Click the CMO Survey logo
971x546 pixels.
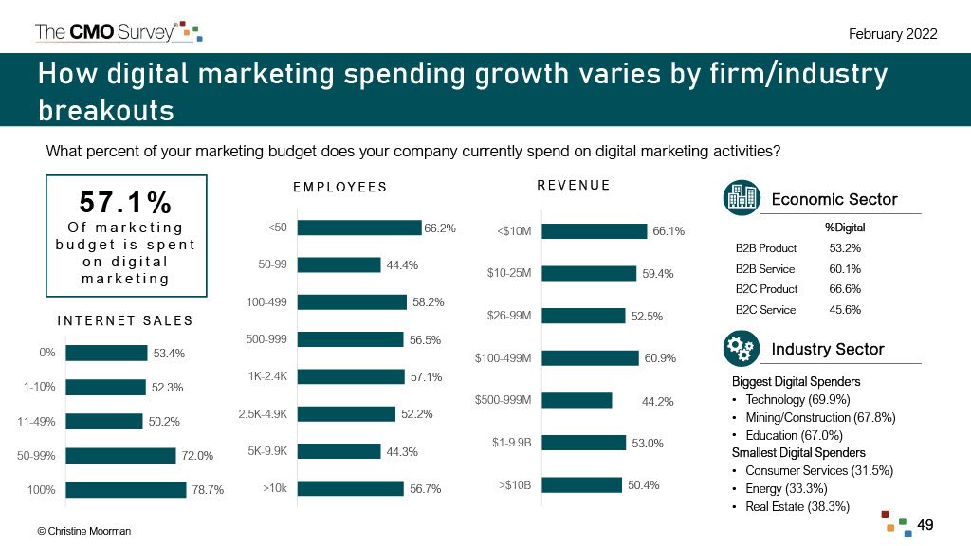pyautogui.click(x=118, y=31)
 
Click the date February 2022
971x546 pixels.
pyautogui.click(x=892, y=34)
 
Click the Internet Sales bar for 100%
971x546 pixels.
pyautogui.click(x=125, y=490)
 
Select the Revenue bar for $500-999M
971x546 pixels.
pyautogui.click(x=575, y=400)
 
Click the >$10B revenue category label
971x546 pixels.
pyautogui.click(x=514, y=486)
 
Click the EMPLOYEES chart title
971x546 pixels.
pyautogui.click(x=339, y=187)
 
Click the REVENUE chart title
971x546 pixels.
pyautogui.click(x=573, y=185)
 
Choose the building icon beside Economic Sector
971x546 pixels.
pyautogui.click(x=740, y=198)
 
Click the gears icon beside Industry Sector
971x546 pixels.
pyautogui.click(x=740, y=349)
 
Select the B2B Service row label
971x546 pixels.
pyautogui.click(x=765, y=268)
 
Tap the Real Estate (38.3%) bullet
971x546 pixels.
pyautogui.click(x=797, y=507)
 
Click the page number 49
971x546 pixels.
pyautogui.click(x=925, y=524)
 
